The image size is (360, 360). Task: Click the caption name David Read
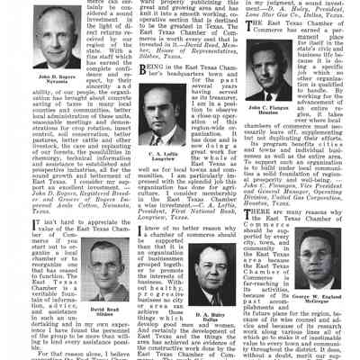click(103, 309)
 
